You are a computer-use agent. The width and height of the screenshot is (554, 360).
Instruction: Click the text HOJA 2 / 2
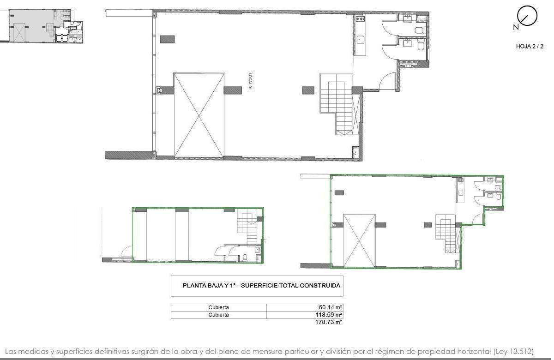tap(530, 46)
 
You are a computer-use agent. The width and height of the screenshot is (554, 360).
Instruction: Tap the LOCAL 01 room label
tap(250, 81)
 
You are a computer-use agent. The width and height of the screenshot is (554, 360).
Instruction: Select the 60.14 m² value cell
tap(305, 307)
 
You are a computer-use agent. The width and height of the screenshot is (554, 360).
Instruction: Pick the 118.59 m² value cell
tap(305, 315)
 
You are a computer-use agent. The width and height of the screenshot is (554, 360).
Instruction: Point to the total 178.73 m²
tap(328, 322)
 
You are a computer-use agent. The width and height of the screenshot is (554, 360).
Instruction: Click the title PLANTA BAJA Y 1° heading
tap(261, 285)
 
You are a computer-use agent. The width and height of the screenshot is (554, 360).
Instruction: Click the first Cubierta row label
tap(218, 307)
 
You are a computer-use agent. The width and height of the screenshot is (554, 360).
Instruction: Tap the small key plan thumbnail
tap(42, 26)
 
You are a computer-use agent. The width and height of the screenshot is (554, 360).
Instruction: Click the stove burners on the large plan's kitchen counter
tap(360, 19)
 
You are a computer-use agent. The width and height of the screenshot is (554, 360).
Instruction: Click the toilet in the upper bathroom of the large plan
tap(420, 30)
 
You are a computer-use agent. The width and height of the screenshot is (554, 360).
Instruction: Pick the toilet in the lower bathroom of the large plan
tap(421, 46)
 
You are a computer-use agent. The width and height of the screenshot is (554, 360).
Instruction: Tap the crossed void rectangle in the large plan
tap(199, 115)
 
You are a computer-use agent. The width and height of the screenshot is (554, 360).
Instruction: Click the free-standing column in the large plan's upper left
tap(167, 39)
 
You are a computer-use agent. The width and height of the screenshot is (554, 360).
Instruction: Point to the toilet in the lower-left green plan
tap(245, 258)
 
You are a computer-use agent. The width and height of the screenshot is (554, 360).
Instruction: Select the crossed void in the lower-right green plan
tap(359, 240)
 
